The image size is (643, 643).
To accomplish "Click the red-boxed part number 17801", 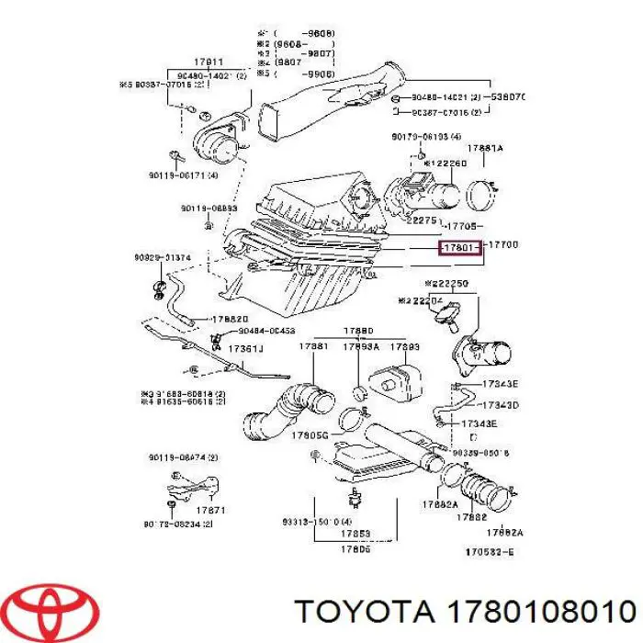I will coord(459,247).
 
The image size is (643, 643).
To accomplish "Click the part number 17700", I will coord(503,246).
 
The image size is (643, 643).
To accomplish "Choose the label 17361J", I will coord(245,349).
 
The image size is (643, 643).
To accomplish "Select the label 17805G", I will coord(310,435).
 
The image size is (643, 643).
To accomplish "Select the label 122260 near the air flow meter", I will coord(449,164).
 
